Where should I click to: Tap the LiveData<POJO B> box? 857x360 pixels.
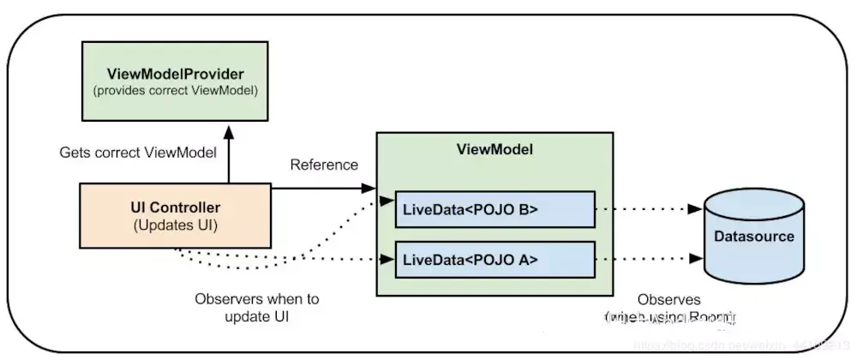[494, 209]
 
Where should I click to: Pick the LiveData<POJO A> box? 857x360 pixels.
[494, 260]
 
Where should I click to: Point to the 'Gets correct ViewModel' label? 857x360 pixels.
[138, 153]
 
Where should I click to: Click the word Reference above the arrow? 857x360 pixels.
[324, 165]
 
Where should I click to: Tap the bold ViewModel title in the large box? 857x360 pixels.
[495, 149]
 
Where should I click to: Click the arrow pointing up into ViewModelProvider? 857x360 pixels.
[229, 154]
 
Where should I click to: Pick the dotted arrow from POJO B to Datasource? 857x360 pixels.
[648, 209]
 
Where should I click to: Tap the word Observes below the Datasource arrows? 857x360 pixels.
[669, 301]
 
